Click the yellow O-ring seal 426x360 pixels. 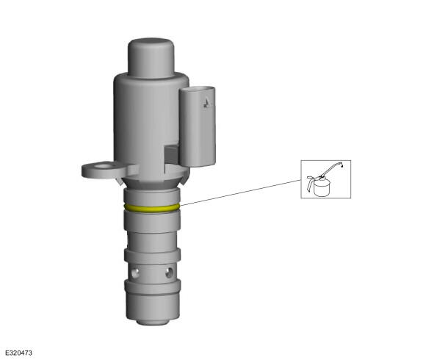point(151,209)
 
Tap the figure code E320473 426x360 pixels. point(19,353)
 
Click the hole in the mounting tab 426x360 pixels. point(104,165)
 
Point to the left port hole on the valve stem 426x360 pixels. point(135,273)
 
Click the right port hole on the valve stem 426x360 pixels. point(169,273)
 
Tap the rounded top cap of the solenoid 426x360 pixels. point(151,58)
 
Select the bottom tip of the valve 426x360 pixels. point(153,322)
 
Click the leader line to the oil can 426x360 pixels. point(240,192)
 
